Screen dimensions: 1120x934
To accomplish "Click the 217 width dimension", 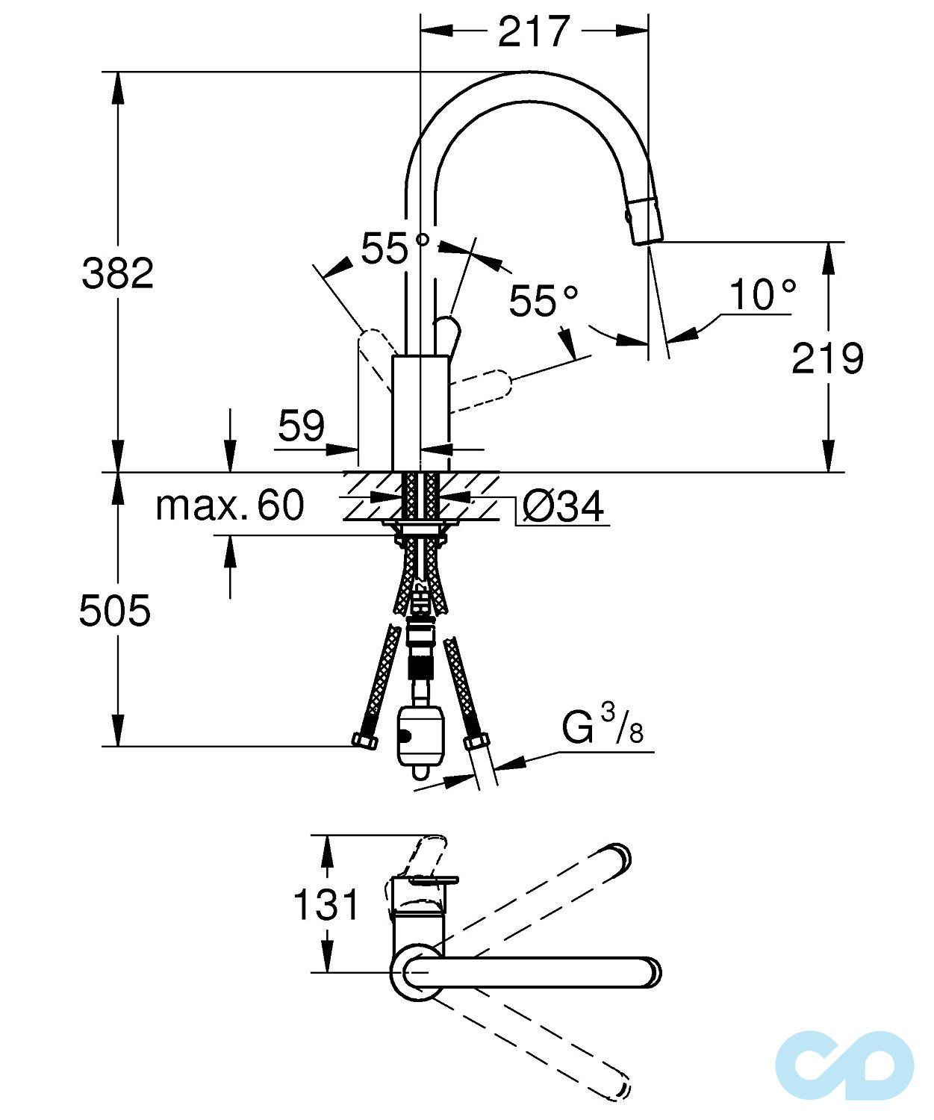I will coord(533,31).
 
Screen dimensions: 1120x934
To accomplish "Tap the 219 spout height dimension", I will coord(827,358).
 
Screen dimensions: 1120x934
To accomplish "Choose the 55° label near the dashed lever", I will coord(544,302).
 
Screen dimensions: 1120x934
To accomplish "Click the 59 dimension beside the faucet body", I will coord(302,426).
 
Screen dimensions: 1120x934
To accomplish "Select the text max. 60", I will coord(230,505).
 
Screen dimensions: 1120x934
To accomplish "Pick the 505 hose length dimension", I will coord(115,611).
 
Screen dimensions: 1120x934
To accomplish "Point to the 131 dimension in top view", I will coord(326,905).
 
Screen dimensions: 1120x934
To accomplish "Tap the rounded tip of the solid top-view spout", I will coord(650,971).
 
